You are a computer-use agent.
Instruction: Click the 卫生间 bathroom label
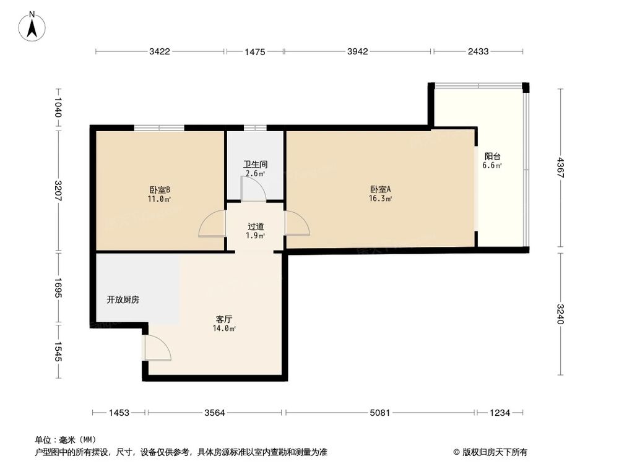255,165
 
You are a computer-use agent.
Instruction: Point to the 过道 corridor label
255,226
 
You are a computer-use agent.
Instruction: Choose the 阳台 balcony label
493,157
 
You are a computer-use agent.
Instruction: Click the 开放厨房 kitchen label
123,299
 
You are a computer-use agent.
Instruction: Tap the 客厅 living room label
224,319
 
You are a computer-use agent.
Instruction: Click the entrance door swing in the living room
157,347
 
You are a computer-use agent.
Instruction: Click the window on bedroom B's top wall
159,128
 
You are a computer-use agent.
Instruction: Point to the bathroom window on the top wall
255,128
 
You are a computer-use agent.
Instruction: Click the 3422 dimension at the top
159,52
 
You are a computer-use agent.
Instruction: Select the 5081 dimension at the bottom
379,413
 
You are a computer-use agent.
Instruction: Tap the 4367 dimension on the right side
561,168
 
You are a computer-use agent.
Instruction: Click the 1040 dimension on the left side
58,108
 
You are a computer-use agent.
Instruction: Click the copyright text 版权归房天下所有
493,452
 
